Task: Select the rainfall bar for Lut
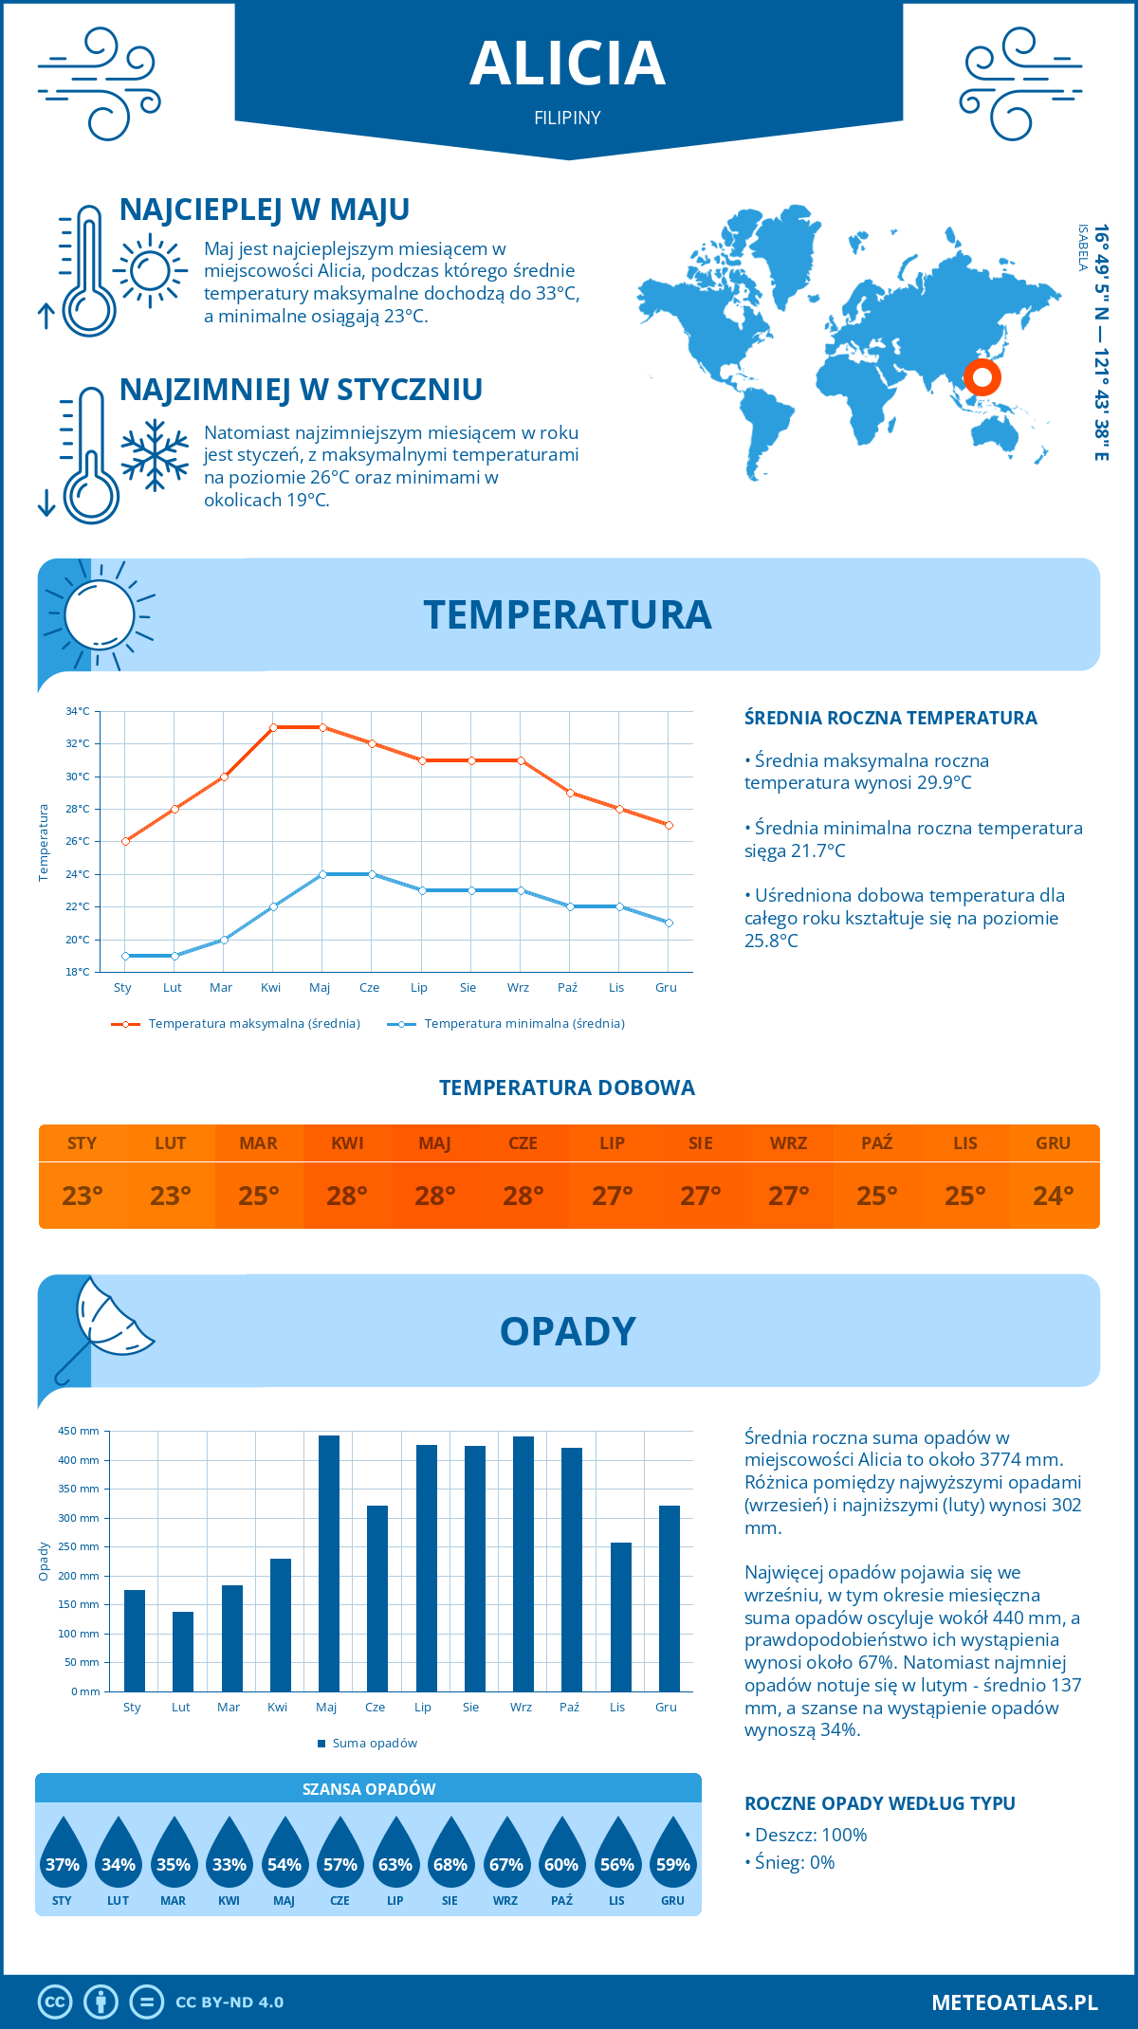(x=183, y=1651)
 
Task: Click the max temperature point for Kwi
(x=273, y=727)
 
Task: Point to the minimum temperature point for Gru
(x=669, y=923)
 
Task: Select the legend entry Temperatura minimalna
(x=506, y=1024)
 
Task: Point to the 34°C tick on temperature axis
(x=78, y=711)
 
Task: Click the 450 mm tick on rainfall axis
(x=79, y=1431)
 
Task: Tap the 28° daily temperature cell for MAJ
(x=435, y=1196)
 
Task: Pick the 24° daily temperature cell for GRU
(x=1054, y=1196)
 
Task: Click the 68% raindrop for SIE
(x=450, y=1864)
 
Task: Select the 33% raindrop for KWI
(x=229, y=1864)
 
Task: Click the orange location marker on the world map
(x=982, y=377)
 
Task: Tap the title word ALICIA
(x=568, y=64)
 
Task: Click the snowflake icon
(x=155, y=454)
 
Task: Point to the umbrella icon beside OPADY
(x=103, y=1325)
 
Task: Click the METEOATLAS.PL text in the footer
(x=1014, y=2002)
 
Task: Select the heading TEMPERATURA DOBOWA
(x=567, y=1088)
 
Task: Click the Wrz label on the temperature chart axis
(x=518, y=987)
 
